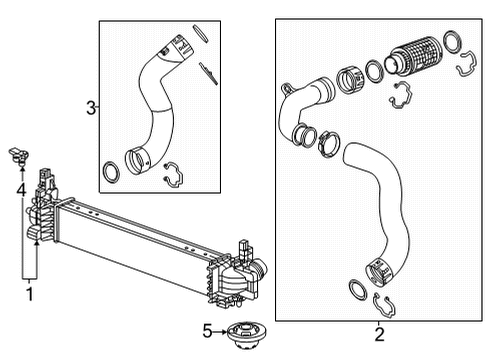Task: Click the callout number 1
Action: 30,293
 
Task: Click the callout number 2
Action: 379,333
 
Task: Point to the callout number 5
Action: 206,329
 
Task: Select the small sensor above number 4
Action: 18,153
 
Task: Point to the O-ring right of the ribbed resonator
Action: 451,41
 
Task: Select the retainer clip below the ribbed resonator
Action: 399,95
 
